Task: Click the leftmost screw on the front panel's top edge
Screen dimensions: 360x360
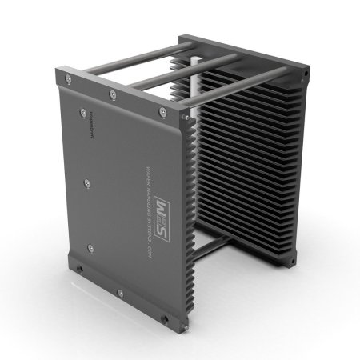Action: (x=70, y=78)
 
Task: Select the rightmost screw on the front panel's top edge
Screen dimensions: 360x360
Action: (x=162, y=112)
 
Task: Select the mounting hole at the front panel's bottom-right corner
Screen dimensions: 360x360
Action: (x=166, y=319)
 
